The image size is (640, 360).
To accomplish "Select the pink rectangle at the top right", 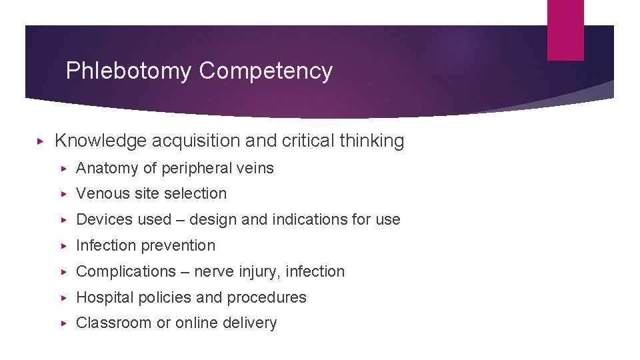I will point(565,30).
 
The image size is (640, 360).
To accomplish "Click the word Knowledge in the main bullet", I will point(101,141).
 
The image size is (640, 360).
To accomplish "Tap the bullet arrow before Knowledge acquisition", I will point(40,141).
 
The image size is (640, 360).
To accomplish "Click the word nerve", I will point(213,272).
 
